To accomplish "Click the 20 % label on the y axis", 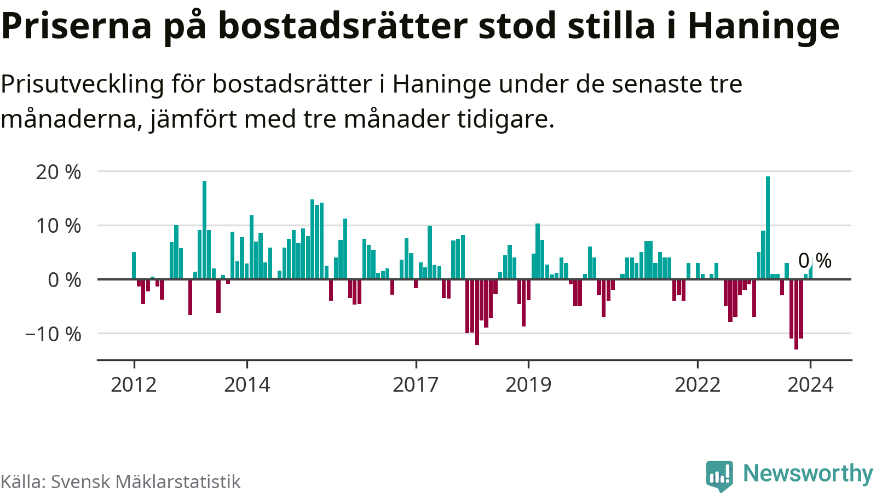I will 58,173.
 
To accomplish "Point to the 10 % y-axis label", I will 58,226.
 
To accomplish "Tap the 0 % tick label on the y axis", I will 64,280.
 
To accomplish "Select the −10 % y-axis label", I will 53,334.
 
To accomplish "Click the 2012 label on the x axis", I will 134,385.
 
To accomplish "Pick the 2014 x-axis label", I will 247,385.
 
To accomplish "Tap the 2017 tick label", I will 416,385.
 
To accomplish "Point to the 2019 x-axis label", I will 528,385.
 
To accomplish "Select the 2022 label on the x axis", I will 697,385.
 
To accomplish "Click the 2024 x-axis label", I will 810,385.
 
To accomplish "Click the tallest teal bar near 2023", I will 768,227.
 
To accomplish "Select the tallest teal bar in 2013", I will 204,230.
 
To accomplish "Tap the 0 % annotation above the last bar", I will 815,261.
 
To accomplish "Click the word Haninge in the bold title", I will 763,26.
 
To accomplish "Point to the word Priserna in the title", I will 77,26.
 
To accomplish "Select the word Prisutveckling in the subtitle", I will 83,84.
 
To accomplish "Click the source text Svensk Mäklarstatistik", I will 145,482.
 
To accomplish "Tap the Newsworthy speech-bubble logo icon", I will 719,475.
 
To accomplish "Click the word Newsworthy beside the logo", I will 808,473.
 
